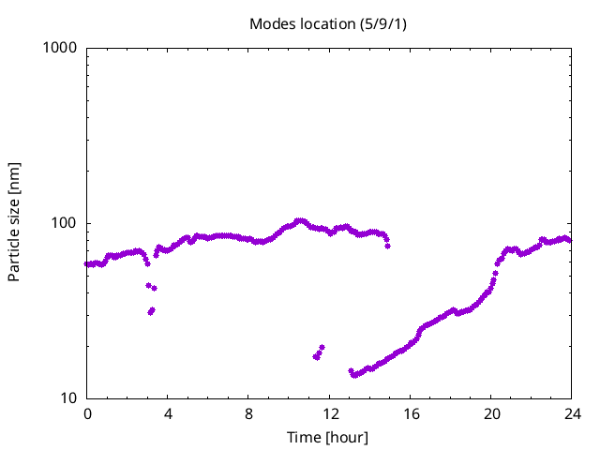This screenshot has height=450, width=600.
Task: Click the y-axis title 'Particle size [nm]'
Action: (14, 222)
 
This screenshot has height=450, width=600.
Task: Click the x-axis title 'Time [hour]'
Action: (327, 437)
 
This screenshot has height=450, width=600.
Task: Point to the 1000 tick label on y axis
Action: (60, 48)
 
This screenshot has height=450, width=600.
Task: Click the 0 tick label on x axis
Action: (87, 412)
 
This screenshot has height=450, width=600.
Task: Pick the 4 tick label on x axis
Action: (168, 412)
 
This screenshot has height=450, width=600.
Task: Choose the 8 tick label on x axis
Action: (248, 412)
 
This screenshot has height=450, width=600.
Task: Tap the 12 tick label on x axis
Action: (329, 412)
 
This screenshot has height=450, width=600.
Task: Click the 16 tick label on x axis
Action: (410, 412)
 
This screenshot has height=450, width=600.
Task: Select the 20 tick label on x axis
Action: (490, 412)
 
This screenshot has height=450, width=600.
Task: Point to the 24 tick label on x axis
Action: (571, 412)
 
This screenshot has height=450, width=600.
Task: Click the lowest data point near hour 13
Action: (353, 375)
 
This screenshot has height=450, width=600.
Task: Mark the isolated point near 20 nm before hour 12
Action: (322, 348)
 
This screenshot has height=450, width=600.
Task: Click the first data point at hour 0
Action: (87, 264)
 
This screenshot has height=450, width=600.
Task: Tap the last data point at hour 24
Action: (569, 241)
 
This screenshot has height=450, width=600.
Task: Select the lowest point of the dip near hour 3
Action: (150, 312)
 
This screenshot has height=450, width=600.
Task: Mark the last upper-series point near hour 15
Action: (387, 246)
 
